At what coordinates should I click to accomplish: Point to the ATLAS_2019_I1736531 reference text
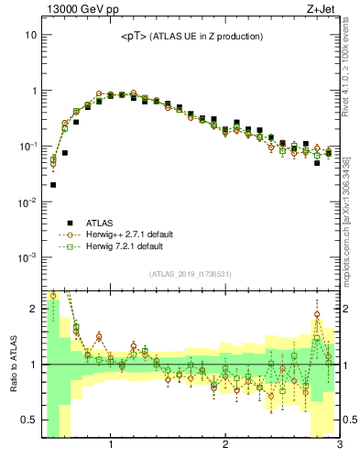click(191, 274)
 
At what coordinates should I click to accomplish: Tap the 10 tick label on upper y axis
click(29, 35)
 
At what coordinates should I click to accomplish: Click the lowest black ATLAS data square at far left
click(53, 184)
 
